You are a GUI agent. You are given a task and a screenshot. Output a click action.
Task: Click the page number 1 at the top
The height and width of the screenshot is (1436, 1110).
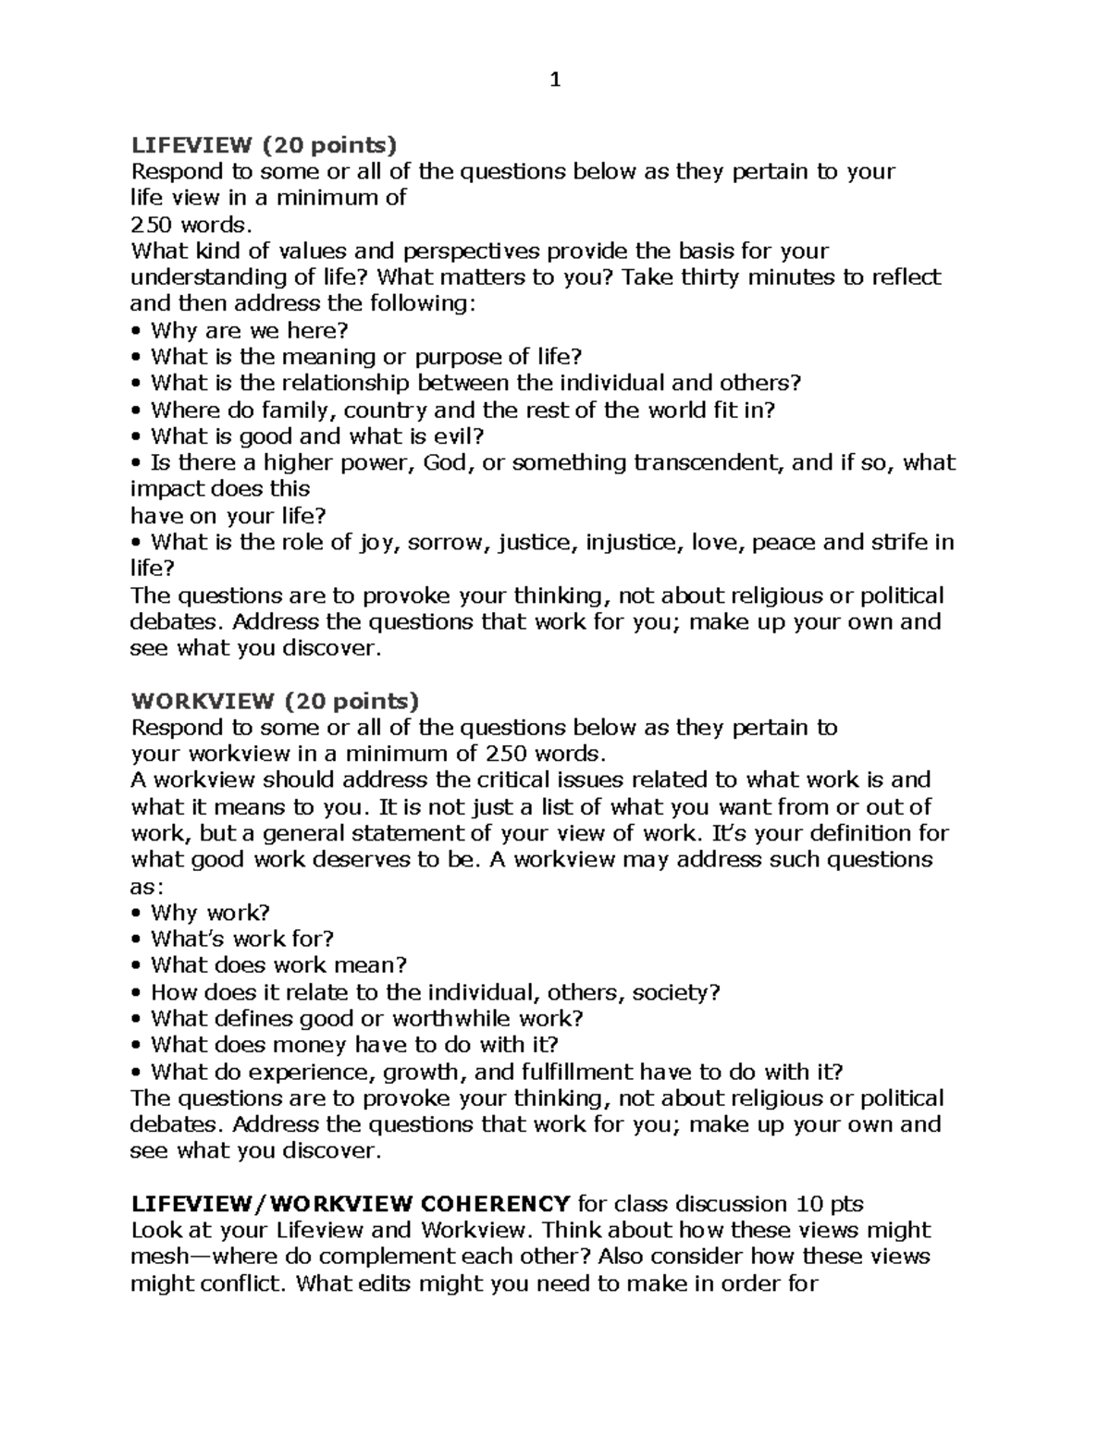(555, 80)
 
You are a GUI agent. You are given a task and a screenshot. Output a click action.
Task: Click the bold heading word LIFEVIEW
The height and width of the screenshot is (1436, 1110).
(191, 144)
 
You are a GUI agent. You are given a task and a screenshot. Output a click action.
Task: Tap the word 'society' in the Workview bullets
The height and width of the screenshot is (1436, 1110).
(672, 992)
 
